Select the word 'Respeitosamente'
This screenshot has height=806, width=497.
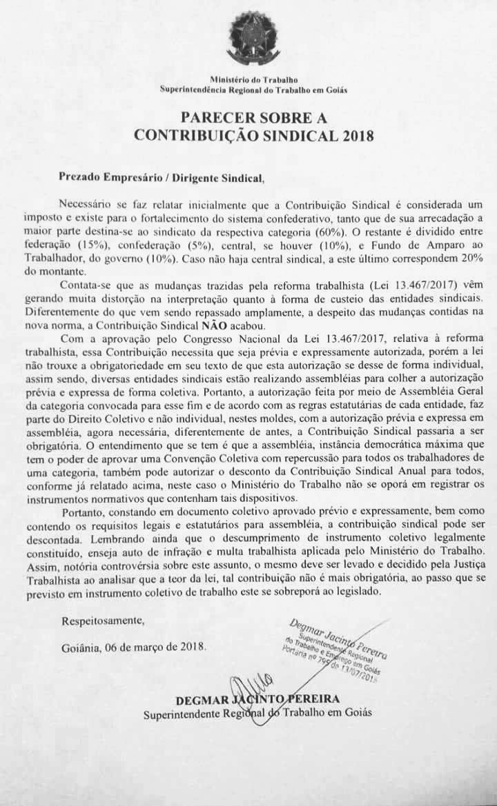(104, 620)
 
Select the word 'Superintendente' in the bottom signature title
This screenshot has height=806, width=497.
(179, 714)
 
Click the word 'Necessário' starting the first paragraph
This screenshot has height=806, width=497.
(86, 203)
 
